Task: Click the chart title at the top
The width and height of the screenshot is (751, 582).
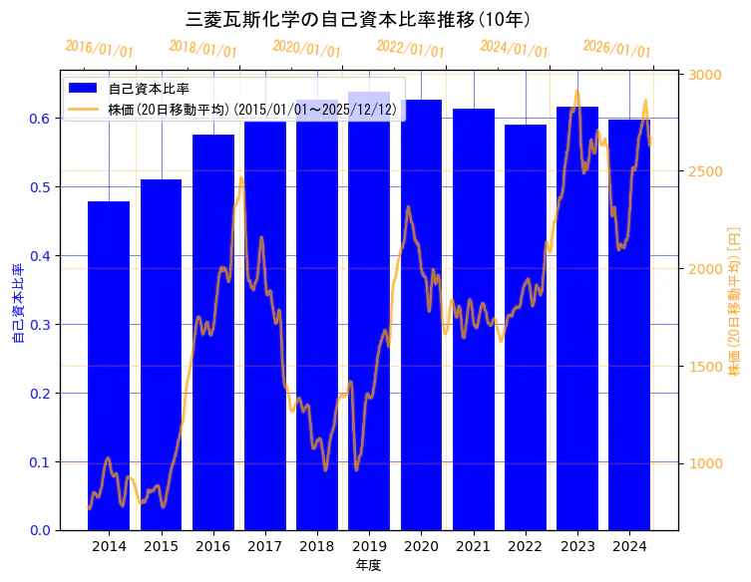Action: coord(358,20)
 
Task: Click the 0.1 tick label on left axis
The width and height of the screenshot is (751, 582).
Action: coord(39,462)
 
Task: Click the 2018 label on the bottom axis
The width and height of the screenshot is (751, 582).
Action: coord(317,546)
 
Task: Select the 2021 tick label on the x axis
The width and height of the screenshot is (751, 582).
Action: coord(473,546)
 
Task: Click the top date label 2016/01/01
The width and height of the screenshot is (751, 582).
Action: coord(99,49)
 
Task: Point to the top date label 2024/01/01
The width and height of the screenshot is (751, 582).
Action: coord(514,49)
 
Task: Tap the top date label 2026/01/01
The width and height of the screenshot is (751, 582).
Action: coord(616,49)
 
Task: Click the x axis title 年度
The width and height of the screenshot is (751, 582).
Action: coord(369,565)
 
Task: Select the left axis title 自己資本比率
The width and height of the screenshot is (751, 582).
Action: coord(17,304)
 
